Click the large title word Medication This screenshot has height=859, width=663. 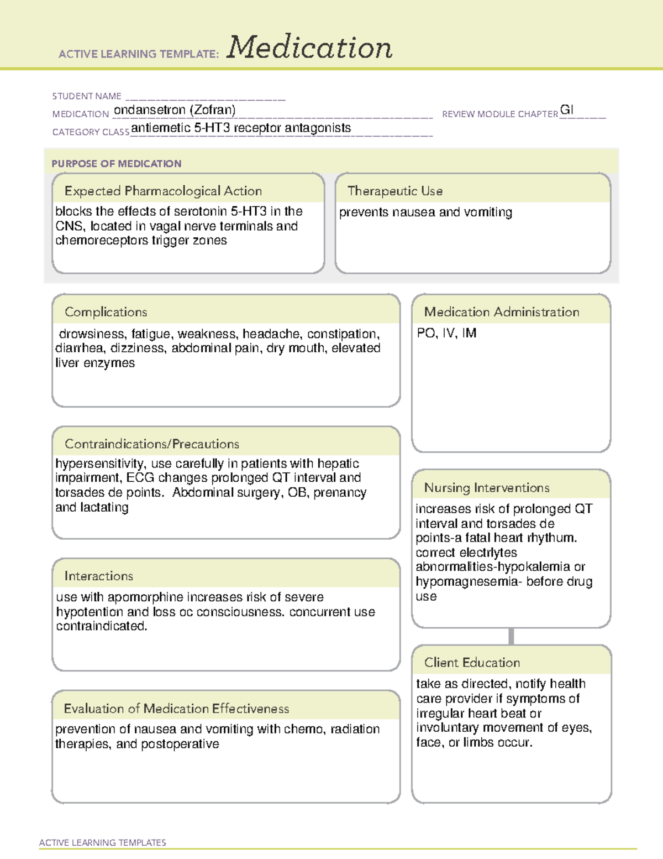coord(309,48)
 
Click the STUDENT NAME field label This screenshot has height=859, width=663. coord(87,96)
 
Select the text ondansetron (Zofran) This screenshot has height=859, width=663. coord(175,110)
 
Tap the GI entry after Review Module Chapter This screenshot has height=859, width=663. coord(567,110)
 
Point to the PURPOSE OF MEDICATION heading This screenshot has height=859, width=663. coord(116,164)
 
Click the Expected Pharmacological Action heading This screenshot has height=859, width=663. coord(163,191)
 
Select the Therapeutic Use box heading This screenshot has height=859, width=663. coord(395,191)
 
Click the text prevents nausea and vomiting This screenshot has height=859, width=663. coord(425,212)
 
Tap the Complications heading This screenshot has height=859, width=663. coord(106,312)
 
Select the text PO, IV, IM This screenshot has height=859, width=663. coord(447,333)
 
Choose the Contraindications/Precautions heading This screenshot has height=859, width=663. coord(152,444)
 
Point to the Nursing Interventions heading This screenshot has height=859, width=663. coord(487,487)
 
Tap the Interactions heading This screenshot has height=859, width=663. coord(99,576)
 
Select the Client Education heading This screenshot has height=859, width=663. coord(472,662)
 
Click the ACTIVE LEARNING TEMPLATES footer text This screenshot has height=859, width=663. coord(103,842)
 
